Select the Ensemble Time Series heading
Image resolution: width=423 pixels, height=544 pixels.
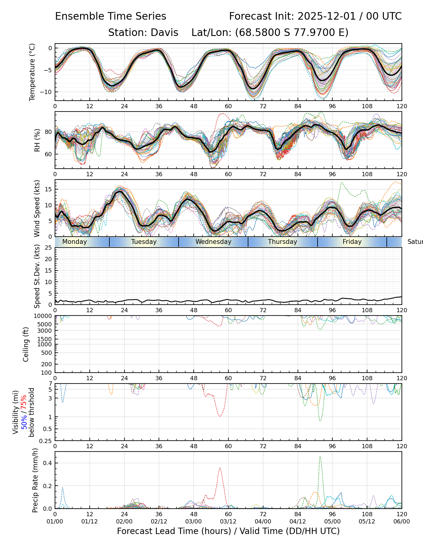coord(111,16)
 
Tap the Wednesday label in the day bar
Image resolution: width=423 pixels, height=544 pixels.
coord(213,242)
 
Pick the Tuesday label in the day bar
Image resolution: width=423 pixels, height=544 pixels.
coord(144,242)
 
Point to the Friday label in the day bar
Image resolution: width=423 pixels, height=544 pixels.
coord(352,242)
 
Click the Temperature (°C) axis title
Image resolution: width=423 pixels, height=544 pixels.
coord(32,72)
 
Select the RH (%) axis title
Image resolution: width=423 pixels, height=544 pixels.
coord(37,140)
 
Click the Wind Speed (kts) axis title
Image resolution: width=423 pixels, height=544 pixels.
coord(37,208)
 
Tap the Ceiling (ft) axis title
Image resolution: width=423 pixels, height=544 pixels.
coord(26,344)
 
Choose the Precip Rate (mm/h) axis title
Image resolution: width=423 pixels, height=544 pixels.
coord(35,480)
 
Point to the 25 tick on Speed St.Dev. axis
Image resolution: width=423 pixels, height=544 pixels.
coord(48,248)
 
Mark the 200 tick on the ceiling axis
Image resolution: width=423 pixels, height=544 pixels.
coord(47,364)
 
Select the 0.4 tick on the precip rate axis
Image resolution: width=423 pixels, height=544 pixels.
coord(48,463)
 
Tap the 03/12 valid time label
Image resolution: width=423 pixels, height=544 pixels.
coord(228,521)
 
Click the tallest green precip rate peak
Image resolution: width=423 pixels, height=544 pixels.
coord(320,457)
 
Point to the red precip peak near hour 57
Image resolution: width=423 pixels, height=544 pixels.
coord(220,468)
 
